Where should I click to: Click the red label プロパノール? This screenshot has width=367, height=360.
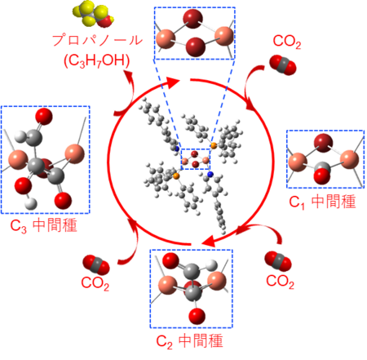pyautogui.click(x=97, y=40)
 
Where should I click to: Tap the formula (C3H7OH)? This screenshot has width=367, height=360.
pyautogui.click(x=97, y=60)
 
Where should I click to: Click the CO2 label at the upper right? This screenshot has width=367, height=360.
pyautogui.click(x=287, y=42)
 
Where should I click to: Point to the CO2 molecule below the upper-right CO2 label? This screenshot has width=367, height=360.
pyautogui.click(x=283, y=64)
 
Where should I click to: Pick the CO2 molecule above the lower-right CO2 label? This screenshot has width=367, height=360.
pyautogui.click(x=278, y=261)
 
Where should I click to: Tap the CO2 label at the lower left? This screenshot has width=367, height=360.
pyautogui.click(x=95, y=283)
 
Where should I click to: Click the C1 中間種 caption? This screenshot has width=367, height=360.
pyautogui.click(x=322, y=202)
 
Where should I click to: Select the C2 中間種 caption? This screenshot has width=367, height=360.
pyautogui.click(x=189, y=341)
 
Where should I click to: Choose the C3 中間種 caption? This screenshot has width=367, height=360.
pyautogui.click(x=44, y=226)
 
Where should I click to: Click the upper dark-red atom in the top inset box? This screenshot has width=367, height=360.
pyautogui.click(x=192, y=19)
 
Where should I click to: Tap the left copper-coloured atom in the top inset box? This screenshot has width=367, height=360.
pyautogui.click(x=166, y=39)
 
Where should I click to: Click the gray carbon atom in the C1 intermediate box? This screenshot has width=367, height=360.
pyautogui.click(x=322, y=167)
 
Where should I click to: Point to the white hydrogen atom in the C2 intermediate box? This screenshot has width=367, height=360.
pyautogui.click(x=212, y=265)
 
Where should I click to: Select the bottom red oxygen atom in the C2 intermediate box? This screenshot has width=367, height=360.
pyautogui.click(x=197, y=316)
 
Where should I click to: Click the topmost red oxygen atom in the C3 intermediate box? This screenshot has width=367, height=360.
pyautogui.click(x=44, y=117)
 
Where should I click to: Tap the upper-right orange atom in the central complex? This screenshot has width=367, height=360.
pyautogui.click(x=214, y=146)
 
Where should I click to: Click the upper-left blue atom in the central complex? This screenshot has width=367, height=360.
pyautogui.click(x=177, y=149)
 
